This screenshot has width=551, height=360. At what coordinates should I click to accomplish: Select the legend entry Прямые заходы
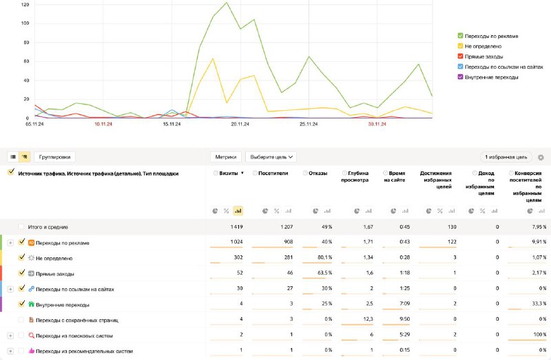click(484, 56)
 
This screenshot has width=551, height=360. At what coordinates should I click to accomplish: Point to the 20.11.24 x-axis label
click(239, 125)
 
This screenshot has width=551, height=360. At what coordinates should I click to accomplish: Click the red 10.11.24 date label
click(103, 125)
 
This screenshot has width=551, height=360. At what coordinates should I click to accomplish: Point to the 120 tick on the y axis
click(25, 5)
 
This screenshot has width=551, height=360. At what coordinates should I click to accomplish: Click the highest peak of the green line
click(227, 3)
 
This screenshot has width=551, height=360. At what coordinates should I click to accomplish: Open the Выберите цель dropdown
click(273, 157)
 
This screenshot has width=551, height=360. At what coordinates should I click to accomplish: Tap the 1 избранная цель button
click(506, 157)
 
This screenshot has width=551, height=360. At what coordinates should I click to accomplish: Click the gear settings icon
click(541, 158)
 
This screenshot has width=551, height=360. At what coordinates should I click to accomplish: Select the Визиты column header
click(229, 173)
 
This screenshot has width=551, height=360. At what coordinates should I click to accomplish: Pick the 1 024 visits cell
click(234, 242)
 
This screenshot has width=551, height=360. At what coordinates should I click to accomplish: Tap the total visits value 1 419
click(235, 226)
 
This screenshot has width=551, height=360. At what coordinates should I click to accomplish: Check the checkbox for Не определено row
click(22, 258)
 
